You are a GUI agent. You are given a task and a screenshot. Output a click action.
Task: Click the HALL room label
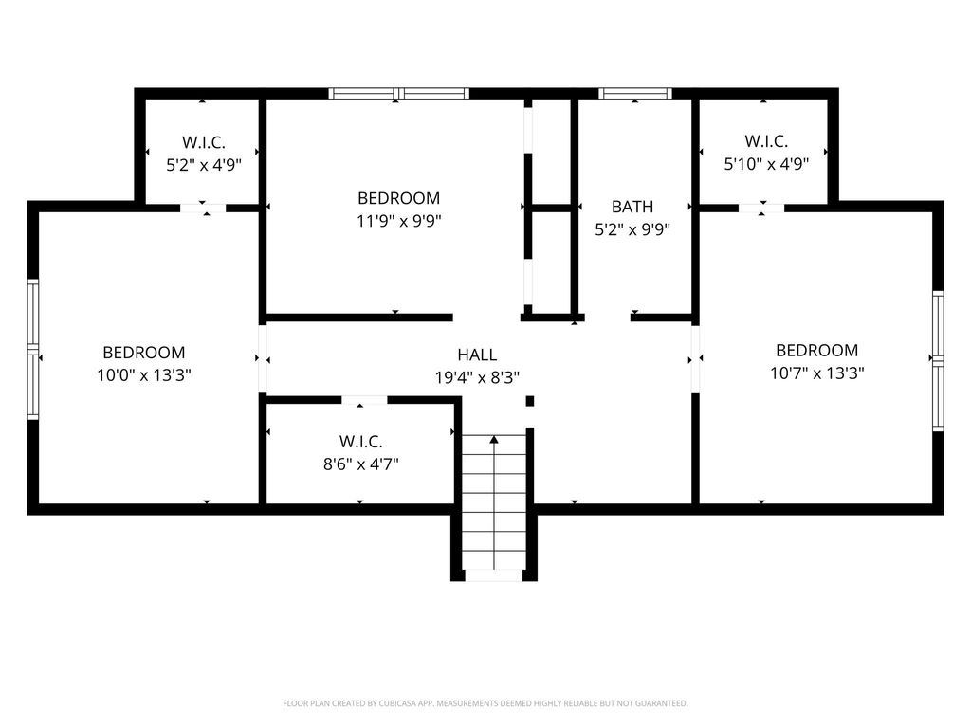pos(477,355)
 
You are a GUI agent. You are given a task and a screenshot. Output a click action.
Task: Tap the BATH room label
pos(632,206)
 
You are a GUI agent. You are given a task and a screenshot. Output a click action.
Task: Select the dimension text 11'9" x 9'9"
pos(398,220)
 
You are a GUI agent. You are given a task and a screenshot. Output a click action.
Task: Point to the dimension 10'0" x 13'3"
pos(144,374)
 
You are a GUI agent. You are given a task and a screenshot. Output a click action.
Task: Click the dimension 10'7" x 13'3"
pos(816,373)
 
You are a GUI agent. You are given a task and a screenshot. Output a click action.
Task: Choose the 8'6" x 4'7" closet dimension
pos(360,464)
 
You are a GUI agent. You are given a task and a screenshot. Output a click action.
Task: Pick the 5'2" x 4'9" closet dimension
pos(204,164)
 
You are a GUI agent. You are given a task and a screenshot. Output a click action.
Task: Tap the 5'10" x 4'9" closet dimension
pos(766,164)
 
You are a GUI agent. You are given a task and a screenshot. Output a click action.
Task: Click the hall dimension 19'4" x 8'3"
pos(477,376)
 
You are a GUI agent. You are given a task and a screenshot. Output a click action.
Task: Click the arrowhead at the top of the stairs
pos(493,439)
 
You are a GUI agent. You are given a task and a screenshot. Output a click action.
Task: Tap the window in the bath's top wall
pos(635,94)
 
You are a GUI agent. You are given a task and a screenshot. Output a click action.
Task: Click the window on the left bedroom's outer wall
pos(33,350)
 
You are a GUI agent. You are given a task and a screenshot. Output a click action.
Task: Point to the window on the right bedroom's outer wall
pos(938,359)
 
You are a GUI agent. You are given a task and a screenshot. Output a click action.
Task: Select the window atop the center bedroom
pos(399,94)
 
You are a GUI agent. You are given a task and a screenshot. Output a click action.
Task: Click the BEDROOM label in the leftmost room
pos(144,353)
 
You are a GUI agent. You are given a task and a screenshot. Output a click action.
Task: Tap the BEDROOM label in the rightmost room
pos(816,350)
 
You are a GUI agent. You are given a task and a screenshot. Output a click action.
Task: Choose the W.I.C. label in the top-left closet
pos(204,142)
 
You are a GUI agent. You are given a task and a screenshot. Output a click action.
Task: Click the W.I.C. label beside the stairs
pos(360,442)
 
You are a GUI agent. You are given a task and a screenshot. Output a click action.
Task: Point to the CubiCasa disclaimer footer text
pos(485,703)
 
